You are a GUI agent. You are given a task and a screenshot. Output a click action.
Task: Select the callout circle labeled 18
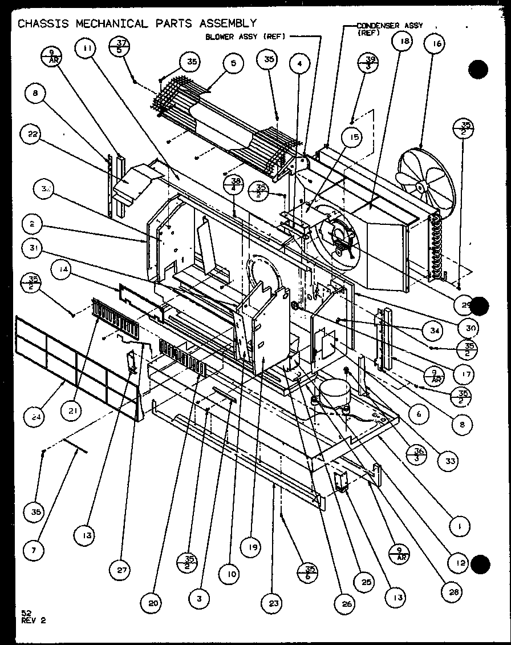[402, 43]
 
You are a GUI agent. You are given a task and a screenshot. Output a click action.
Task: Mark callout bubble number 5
[232, 64]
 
